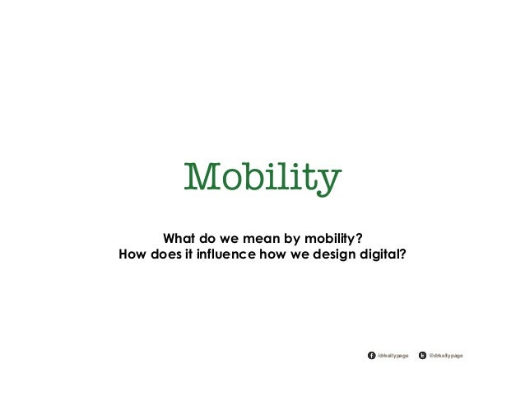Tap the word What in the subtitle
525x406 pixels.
pos(181,236)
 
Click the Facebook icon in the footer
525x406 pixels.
pos(370,356)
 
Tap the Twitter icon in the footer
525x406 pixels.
pos(422,356)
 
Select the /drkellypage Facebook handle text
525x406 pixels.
pos(393,356)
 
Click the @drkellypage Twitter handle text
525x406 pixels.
pos(446,356)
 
